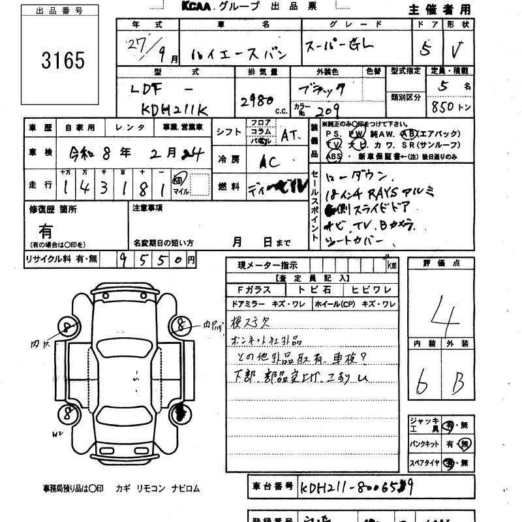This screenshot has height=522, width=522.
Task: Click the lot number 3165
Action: click(x=63, y=61)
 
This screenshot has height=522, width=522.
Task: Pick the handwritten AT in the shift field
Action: click(x=288, y=135)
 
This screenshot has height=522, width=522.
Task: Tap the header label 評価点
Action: click(x=446, y=263)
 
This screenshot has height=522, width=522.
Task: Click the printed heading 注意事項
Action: click(x=147, y=208)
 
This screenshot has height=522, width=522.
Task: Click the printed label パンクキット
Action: click(x=424, y=444)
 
